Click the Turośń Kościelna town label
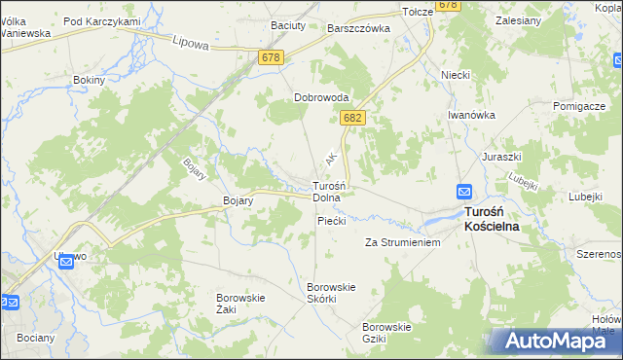coord(491,218)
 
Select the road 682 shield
coord(352,118)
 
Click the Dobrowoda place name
coord(322,97)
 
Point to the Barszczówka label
coord(358,29)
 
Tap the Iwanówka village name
coord(472,114)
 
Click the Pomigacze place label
coord(580,105)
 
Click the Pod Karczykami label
coord(102,21)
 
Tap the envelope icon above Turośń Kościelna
coord(464,193)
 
